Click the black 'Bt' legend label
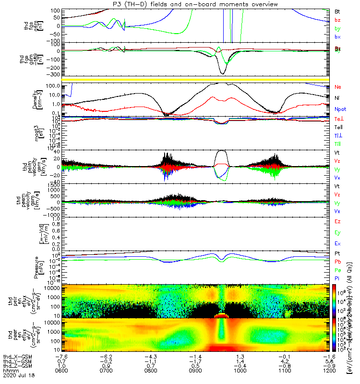click(337, 11)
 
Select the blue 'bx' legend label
click(337, 37)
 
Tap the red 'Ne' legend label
click(338, 87)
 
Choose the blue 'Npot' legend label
click(340, 109)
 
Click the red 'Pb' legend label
click(338, 262)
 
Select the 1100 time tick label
click(286, 370)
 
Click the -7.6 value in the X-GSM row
click(61, 357)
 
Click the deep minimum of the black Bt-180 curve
click(222, 73)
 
